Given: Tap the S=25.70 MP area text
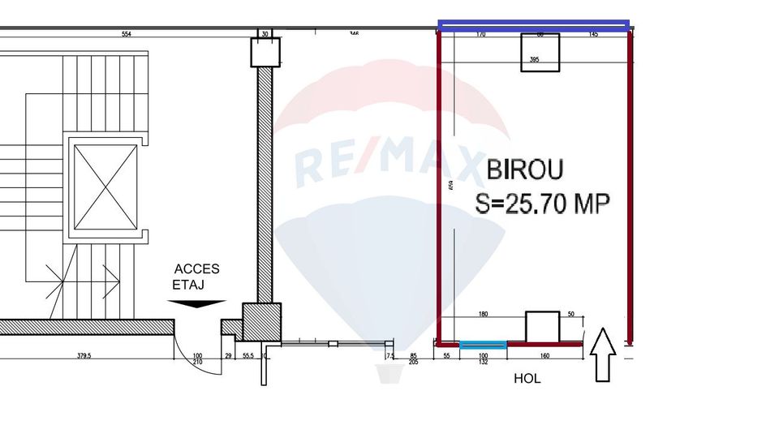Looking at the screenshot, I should [x=542, y=203].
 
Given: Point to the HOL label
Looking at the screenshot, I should [x=527, y=379].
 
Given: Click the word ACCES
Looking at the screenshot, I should [x=196, y=270].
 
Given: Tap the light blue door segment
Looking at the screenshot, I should [x=483, y=345].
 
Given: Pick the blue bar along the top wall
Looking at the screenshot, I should [x=534, y=26].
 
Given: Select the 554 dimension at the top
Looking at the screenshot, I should [x=126, y=35].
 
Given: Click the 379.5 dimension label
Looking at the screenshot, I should [x=88, y=355].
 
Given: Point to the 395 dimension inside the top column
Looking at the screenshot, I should [x=534, y=60].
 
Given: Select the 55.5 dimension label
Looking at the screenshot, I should [x=247, y=355].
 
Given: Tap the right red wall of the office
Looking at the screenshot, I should [x=630, y=187].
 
